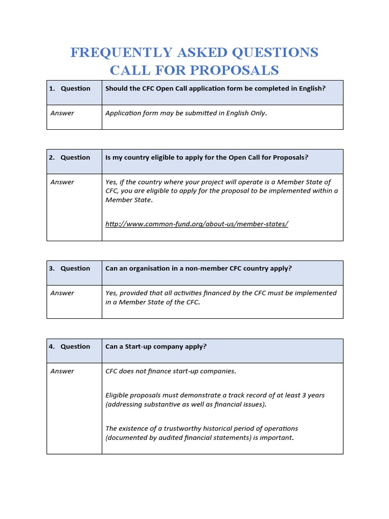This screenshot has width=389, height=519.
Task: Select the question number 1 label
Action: click(x=69, y=88)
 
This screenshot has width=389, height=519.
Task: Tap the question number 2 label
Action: click(x=69, y=157)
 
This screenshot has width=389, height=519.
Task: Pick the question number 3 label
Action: click(x=69, y=268)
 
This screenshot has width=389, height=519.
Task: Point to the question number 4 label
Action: click(x=69, y=346)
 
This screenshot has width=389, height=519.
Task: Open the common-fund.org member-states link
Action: click(x=197, y=224)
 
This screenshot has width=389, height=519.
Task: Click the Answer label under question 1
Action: click(x=62, y=113)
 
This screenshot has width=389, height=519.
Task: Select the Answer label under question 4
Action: click(x=62, y=371)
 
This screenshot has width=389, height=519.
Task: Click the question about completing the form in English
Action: click(x=215, y=88)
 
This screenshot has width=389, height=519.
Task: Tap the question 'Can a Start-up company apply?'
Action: click(x=156, y=346)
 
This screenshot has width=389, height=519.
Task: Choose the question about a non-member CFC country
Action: click(x=199, y=268)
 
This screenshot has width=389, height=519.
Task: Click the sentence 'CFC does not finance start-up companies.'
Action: click(x=171, y=371)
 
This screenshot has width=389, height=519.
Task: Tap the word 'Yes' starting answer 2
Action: click(x=111, y=182)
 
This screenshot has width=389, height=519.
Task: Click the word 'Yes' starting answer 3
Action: click(x=111, y=293)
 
